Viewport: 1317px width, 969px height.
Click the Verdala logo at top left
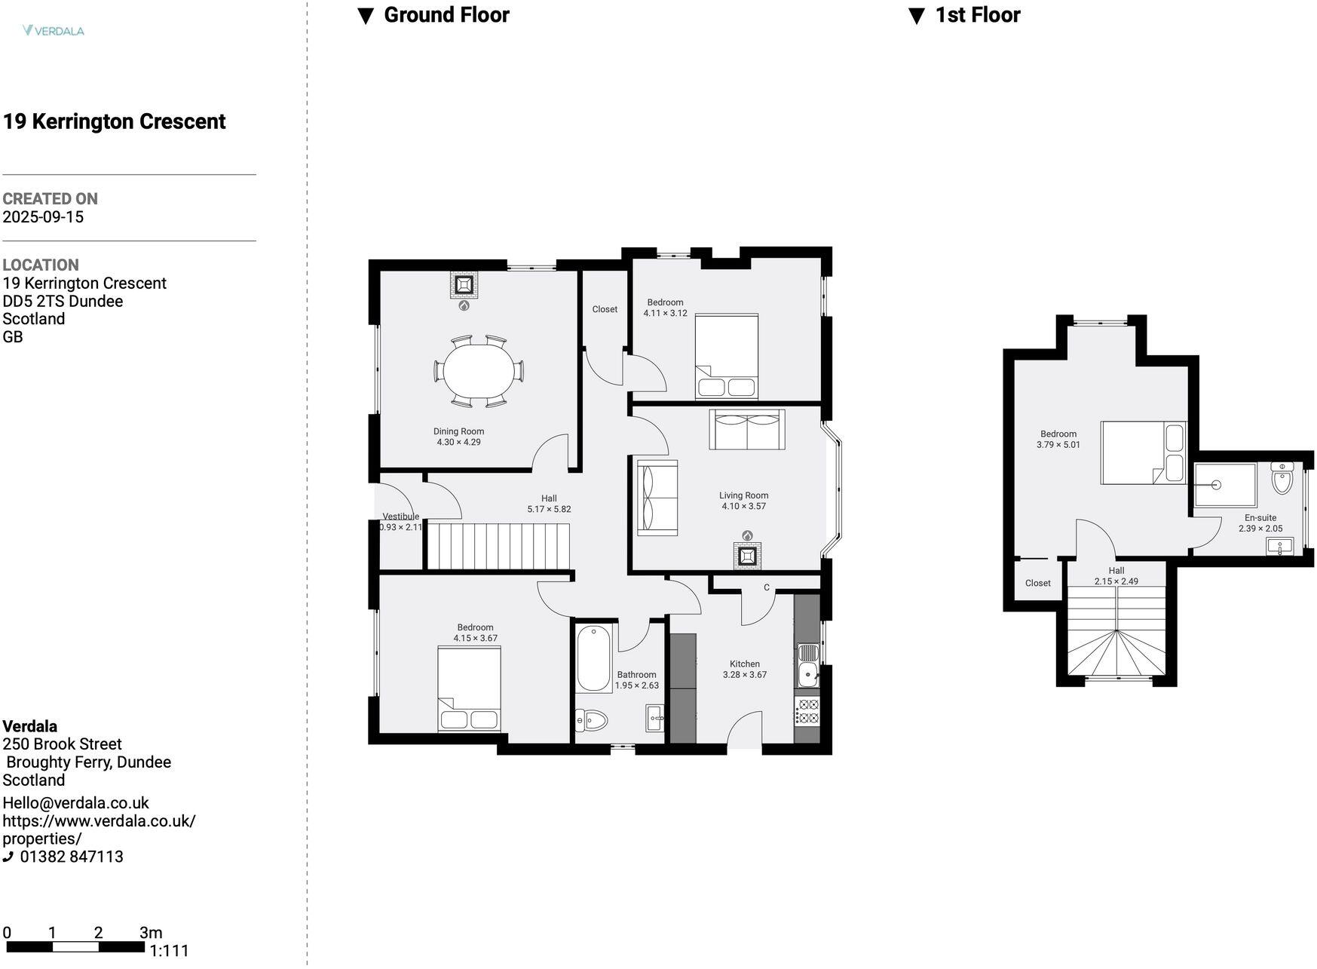click(x=54, y=31)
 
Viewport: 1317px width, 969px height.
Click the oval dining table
click(x=478, y=371)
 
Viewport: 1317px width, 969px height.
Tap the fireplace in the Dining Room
click(x=464, y=285)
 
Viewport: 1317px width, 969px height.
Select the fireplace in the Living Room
click(x=747, y=556)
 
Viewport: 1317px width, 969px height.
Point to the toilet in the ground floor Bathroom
click(x=592, y=721)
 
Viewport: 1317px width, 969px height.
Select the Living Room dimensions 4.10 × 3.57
click(x=743, y=506)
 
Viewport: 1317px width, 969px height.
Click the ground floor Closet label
click(x=605, y=309)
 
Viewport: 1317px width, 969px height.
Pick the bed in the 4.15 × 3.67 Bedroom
click(x=469, y=688)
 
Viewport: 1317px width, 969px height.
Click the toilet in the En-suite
click(x=1282, y=478)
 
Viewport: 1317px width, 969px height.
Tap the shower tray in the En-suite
click(x=1225, y=485)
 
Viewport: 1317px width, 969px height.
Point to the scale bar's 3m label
click(x=151, y=933)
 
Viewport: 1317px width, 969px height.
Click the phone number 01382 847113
click(x=71, y=857)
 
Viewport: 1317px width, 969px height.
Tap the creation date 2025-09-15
click(x=43, y=217)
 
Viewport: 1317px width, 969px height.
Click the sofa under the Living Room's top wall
click(x=746, y=430)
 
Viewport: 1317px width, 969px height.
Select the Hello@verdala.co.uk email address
click(x=75, y=803)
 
